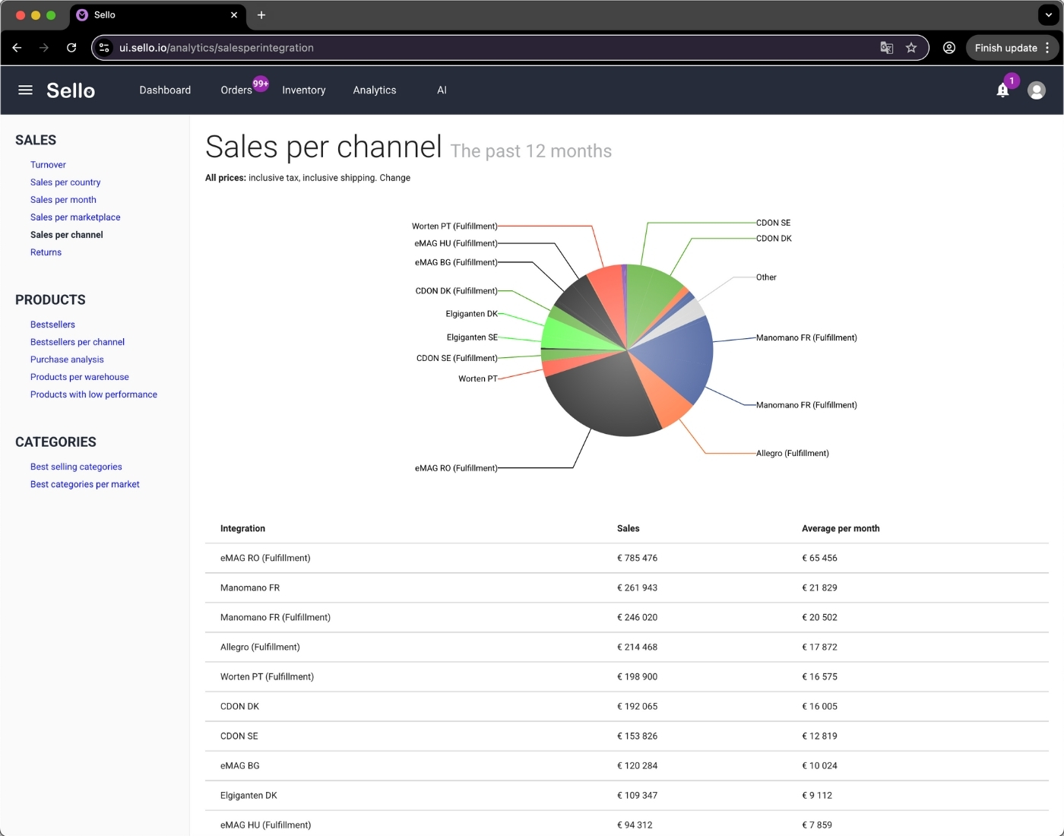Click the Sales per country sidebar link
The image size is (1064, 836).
(x=65, y=182)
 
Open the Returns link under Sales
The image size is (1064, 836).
(x=46, y=252)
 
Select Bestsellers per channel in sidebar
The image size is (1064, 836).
(x=78, y=342)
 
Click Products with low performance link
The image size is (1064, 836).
(x=93, y=394)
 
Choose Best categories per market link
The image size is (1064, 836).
(x=85, y=484)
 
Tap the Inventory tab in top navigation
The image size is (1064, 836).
(x=303, y=90)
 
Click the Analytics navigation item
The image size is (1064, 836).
(x=375, y=90)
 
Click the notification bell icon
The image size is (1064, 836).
(x=1002, y=90)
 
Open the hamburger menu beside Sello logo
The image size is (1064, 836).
(x=25, y=90)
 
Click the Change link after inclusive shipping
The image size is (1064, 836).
(x=394, y=178)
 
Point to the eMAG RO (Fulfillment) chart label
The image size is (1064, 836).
(x=456, y=468)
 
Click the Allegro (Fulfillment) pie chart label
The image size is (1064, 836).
(x=792, y=453)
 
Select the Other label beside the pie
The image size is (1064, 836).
(x=766, y=277)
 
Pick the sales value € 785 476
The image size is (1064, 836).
(x=637, y=558)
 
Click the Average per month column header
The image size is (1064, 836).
(x=841, y=528)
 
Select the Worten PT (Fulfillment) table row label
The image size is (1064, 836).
(x=267, y=676)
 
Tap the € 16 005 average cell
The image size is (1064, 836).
(x=819, y=706)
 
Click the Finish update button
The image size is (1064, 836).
(x=1005, y=48)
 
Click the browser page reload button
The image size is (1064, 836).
(x=71, y=48)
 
